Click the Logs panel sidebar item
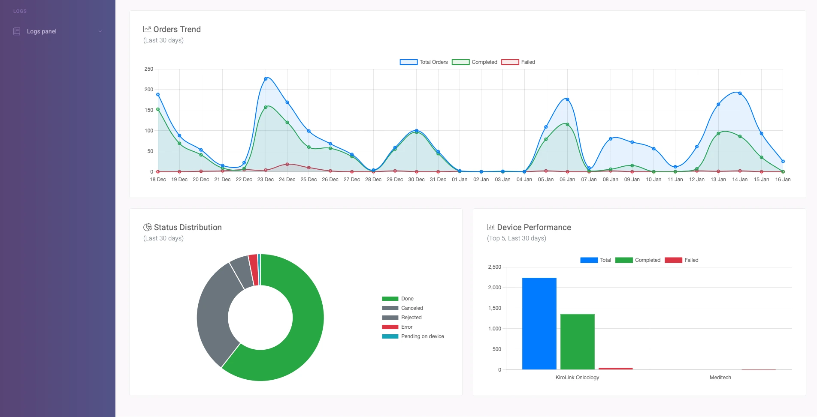[x=42, y=31]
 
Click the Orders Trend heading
[x=177, y=29]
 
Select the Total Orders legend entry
[x=424, y=62]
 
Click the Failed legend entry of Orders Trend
[x=518, y=62]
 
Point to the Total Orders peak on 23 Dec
[x=266, y=79]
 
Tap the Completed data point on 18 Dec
[x=158, y=109]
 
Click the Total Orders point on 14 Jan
[x=740, y=93]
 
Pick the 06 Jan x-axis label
[x=567, y=180]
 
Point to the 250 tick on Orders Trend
[x=149, y=69]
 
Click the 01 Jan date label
[x=460, y=180]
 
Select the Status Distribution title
[x=188, y=227]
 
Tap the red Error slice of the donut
[x=254, y=270]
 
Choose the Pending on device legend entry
[x=413, y=336]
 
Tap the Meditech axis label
[x=720, y=378]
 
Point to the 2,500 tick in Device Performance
[x=494, y=267]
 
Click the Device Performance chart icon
[x=491, y=227]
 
